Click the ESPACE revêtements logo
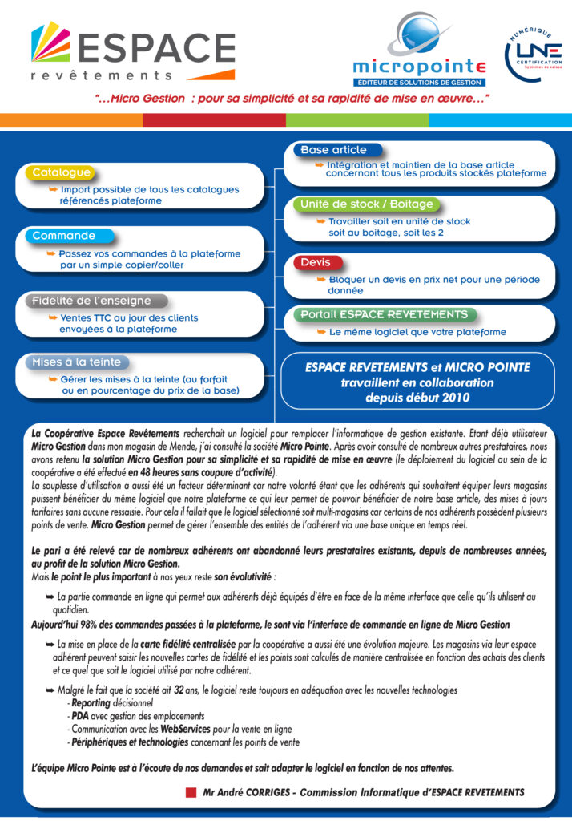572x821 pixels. pyautogui.click(x=132, y=51)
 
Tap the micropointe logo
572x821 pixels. pyautogui.click(x=418, y=53)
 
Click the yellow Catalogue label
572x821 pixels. pyautogui.click(x=61, y=172)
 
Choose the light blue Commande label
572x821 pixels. pyautogui.click(x=63, y=237)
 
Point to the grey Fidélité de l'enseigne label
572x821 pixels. pyautogui.click(x=91, y=301)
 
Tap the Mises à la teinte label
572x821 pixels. pyautogui.click(x=76, y=362)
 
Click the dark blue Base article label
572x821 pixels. pyautogui.click(x=333, y=150)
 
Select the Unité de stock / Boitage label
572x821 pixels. pyautogui.click(x=366, y=204)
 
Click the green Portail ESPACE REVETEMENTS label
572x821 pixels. pyautogui.click(x=384, y=314)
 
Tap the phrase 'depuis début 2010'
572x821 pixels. pyautogui.click(x=417, y=397)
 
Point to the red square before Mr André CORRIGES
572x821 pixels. pyautogui.click(x=191, y=792)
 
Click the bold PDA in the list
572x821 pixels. pyautogui.click(x=80, y=716)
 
